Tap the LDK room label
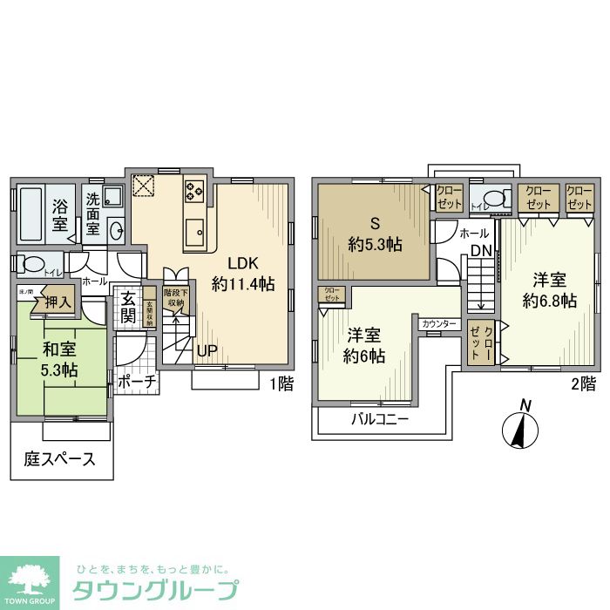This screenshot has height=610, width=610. [x=244, y=273]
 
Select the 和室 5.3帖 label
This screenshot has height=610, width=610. [x=60, y=361]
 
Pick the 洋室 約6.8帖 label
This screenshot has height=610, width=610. [x=549, y=289]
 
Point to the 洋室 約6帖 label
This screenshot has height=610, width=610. [x=365, y=345]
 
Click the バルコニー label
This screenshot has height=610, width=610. [x=382, y=417]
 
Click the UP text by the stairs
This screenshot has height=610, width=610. [x=207, y=350]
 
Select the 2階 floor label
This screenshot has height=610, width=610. [x=583, y=383]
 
